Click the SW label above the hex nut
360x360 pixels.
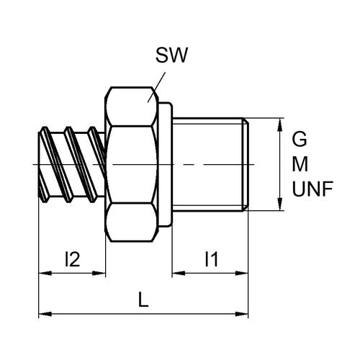click(x=171, y=55)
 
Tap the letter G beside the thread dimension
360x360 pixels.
click(x=300, y=139)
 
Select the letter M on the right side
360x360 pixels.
click(x=300, y=164)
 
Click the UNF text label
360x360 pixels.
click(x=312, y=189)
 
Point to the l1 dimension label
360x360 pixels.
click(x=212, y=259)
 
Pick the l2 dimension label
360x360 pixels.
click(x=72, y=259)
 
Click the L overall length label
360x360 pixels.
click(x=143, y=300)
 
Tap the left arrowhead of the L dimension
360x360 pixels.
click(x=45, y=314)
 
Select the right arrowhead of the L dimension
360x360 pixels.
click(x=242, y=314)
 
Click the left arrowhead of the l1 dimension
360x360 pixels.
click(x=179, y=273)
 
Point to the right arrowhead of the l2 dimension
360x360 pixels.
click(x=99, y=273)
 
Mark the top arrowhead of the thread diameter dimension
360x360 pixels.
click(x=279, y=125)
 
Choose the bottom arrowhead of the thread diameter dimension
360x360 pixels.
click(x=279, y=204)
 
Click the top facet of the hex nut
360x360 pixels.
click(x=132, y=107)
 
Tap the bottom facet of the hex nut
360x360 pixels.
click(x=132, y=222)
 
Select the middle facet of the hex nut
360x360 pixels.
click(x=132, y=164)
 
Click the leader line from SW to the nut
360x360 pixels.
click(x=156, y=87)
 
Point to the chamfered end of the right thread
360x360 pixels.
click(x=246, y=164)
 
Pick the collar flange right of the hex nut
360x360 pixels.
click(x=166, y=164)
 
